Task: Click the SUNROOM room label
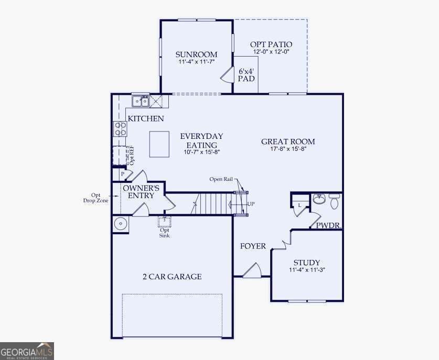[196, 54]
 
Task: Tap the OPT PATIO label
[271, 44]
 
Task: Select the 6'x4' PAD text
[247, 75]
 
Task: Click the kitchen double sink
[140, 101]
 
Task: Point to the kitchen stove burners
[120, 129]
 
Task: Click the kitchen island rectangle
[159, 144]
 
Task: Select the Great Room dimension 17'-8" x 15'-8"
[288, 149]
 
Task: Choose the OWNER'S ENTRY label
[141, 192]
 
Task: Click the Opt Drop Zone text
[96, 198]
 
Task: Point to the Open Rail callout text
[221, 179]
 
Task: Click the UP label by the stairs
[251, 204]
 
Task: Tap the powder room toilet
[334, 201]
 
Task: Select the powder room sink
[318, 199]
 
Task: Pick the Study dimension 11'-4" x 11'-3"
[307, 270]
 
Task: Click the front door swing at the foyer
[252, 270]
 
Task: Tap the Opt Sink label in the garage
[165, 233]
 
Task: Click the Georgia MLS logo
[27, 351]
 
